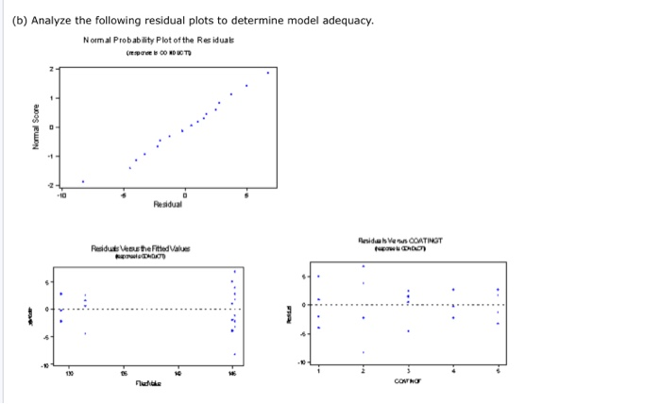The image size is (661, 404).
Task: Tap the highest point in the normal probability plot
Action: point(267,72)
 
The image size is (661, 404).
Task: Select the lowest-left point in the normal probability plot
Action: point(82,181)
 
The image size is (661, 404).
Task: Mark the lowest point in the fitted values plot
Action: point(235,354)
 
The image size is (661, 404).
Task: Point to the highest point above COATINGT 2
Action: point(364,266)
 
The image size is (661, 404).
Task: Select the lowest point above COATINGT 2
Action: point(364,352)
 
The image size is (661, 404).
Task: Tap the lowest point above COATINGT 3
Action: point(408,331)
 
